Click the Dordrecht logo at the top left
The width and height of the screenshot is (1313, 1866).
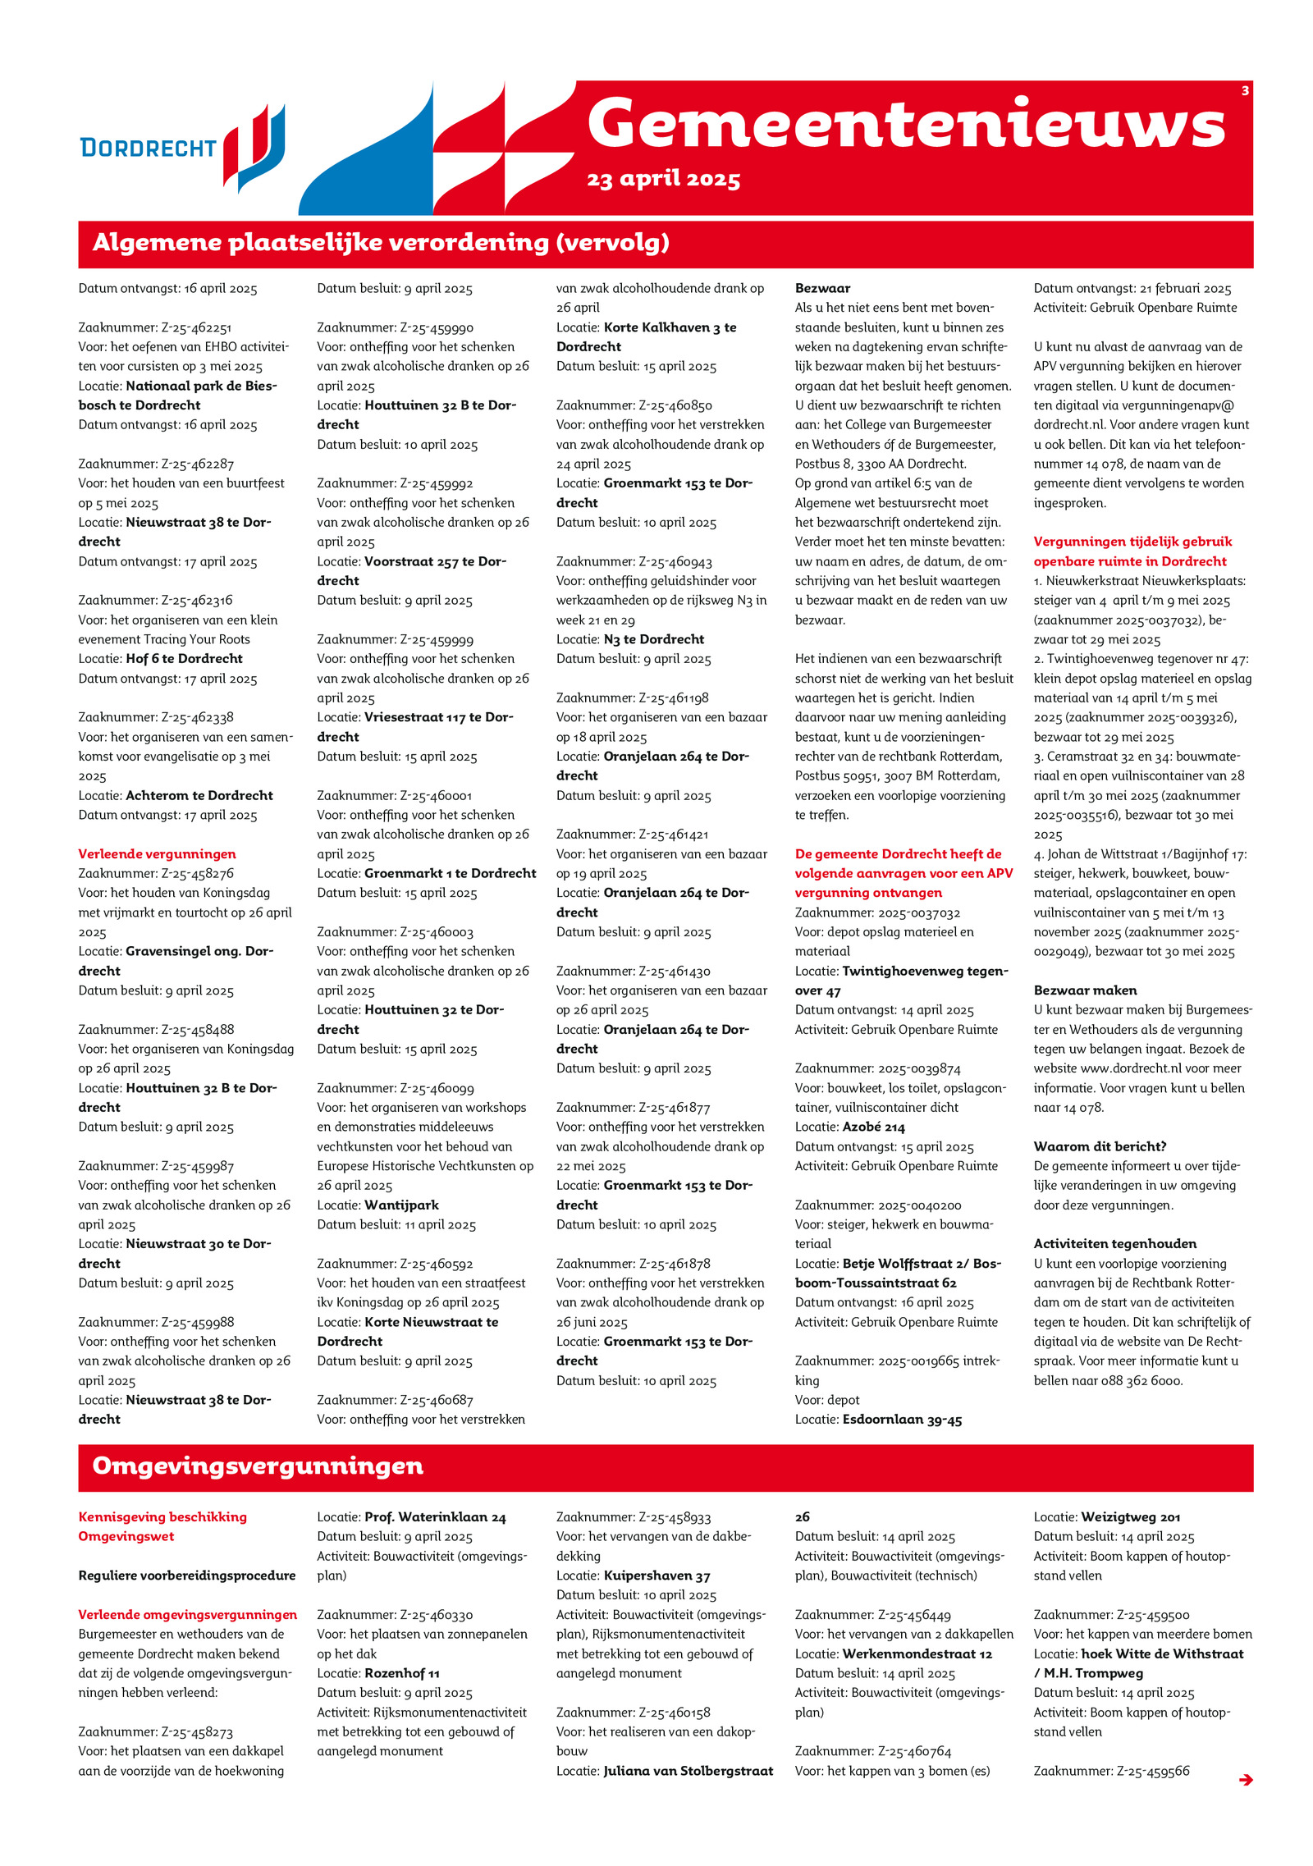[182, 148]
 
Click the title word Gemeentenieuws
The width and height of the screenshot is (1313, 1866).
[906, 124]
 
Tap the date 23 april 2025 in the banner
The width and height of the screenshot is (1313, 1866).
[663, 180]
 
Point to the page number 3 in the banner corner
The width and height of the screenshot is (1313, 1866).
[1244, 91]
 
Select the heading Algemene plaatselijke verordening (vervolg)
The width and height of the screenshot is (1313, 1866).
[381, 243]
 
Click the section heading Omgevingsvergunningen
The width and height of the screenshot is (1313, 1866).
[258, 1466]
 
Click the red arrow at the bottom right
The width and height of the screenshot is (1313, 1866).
[1245, 1780]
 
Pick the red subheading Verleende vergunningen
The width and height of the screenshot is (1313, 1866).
[157, 854]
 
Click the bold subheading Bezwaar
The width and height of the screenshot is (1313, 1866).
[822, 289]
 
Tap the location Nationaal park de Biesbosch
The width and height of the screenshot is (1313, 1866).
[178, 396]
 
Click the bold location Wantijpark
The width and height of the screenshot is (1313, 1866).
[401, 1205]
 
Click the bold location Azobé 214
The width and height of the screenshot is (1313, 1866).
[873, 1127]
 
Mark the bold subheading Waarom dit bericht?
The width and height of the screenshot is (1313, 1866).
[1100, 1146]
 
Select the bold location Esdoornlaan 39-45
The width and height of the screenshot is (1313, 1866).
[902, 1420]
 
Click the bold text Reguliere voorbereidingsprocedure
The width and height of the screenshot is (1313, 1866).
[187, 1576]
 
